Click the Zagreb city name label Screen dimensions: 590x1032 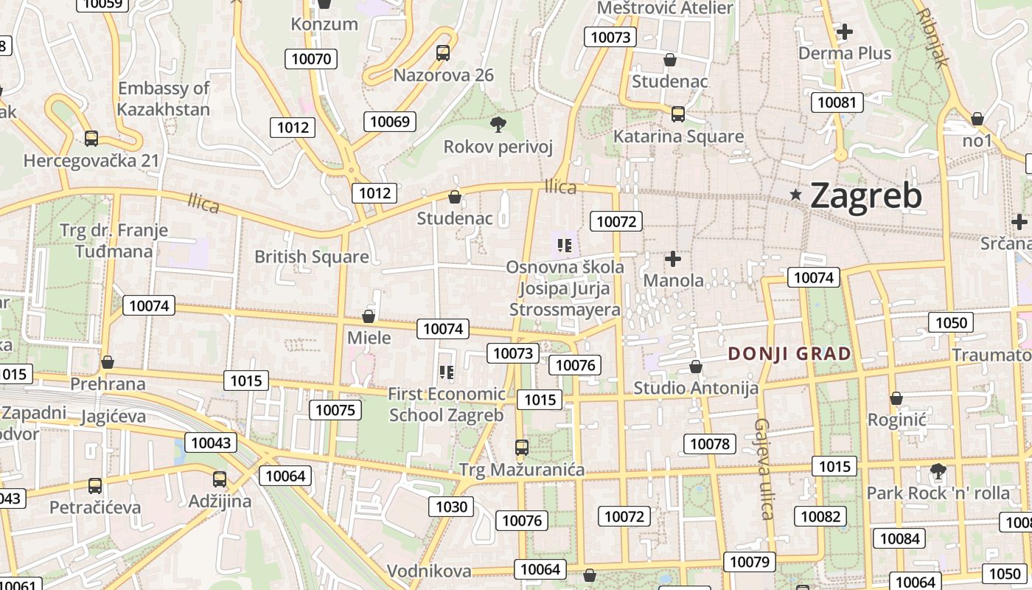click(865, 196)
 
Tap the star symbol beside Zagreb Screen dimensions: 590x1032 click(796, 195)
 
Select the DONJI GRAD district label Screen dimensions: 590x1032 click(789, 354)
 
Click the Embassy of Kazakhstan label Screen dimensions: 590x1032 click(164, 99)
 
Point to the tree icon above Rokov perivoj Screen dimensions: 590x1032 click(498, 124)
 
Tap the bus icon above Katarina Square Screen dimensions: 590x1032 click(678, 114)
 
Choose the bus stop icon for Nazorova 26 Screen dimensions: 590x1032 click(443, 53)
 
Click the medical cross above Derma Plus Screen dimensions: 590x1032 click(845, 32)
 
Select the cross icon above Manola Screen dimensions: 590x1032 click(673, 259)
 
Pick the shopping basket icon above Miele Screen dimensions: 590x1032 click(369, 316)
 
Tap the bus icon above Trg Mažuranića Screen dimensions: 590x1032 click(522, 447)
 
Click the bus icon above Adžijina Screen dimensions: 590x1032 click(220, 479)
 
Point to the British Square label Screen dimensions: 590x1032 click(312, 257)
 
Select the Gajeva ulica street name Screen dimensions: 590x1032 click(764, 469)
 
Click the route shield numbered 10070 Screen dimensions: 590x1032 click(312, 59)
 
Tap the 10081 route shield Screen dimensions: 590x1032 click(837, 103)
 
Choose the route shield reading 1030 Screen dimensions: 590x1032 click(451, 507)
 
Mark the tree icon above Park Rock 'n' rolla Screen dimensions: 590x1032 click(938, 471)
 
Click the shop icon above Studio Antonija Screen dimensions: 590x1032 click(696, 367)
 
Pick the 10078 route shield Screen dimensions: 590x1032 click(711, 444)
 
